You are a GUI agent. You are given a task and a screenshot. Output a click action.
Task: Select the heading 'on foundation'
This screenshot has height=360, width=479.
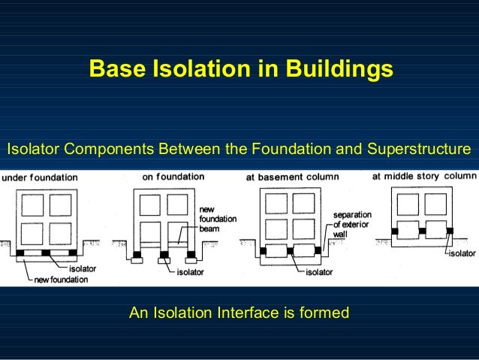(173, 177)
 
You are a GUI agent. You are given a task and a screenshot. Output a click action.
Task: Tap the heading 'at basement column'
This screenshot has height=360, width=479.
(293, 177)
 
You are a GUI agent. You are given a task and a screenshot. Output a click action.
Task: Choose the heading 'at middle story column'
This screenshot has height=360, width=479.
(424, 177)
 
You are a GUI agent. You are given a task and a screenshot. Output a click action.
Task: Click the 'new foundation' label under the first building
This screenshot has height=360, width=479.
(60, 280)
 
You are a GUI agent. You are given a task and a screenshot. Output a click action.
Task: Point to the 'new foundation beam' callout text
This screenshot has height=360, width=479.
(218, 213)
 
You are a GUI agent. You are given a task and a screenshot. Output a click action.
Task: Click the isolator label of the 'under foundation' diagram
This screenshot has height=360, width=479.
(82, 269)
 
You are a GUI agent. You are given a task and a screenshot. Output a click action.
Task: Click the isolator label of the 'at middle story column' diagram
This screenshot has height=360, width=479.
(462, 254)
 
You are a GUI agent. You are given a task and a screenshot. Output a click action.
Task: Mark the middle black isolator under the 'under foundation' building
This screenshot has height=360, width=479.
(47, 253)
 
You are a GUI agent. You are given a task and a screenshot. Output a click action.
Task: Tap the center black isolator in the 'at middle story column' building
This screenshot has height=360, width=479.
(423, 231)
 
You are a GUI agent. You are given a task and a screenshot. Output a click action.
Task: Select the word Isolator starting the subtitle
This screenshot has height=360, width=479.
(33, 149)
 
